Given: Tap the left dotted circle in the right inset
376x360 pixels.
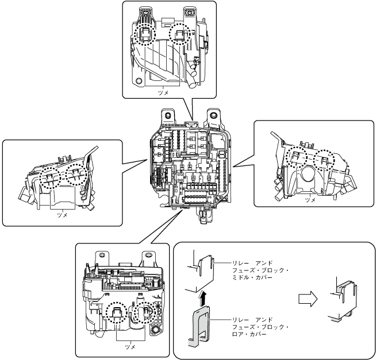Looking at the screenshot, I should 297,157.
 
